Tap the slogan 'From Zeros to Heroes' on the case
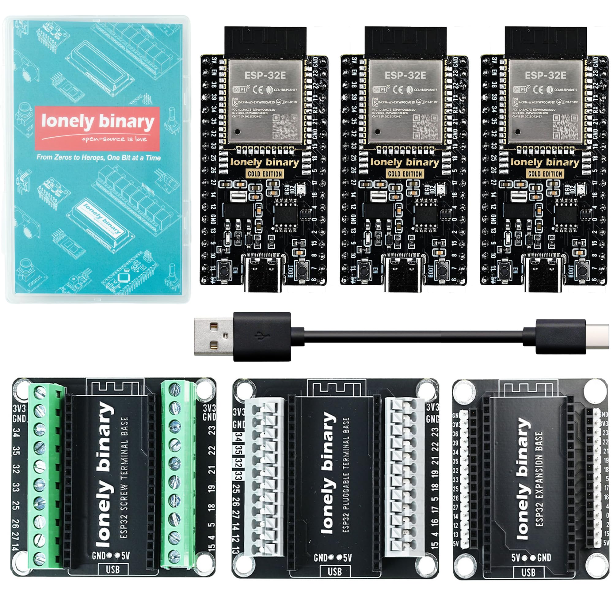[98, 157]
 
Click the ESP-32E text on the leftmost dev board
[265, 75]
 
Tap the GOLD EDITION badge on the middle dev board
[405, 174]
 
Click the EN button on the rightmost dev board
[504, 269]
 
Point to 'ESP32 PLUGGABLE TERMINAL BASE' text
[346, 474]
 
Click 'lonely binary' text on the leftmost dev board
[265, 163]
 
